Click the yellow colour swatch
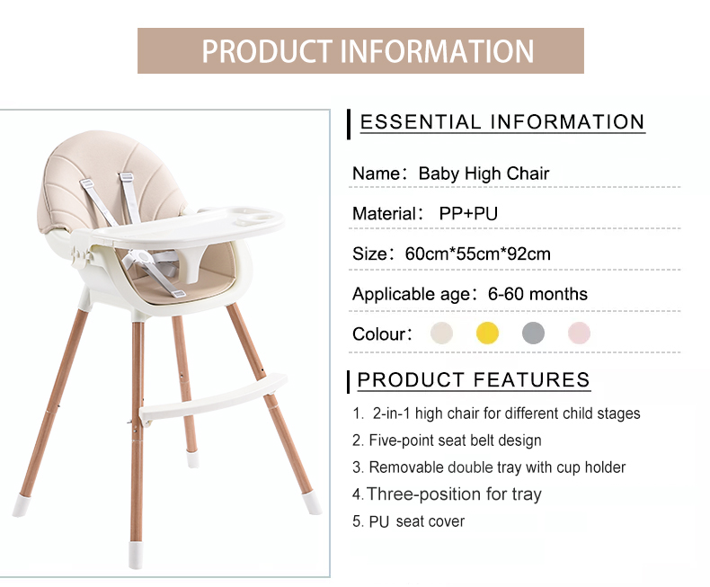(487, 333)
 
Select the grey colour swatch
(533, 333)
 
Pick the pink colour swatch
(579, 333)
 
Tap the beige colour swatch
(441, 333)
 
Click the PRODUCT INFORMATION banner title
(368, 50)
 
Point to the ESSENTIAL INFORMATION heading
(502, 122)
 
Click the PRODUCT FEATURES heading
(474, 379)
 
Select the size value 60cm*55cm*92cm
(478, 254)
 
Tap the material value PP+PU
(468, 213)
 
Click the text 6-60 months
(537, 294)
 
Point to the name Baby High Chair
(484, 173)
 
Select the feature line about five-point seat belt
(447, 440)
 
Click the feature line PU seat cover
(408, 521)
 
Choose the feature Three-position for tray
(447, 494)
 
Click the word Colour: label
(382, 334)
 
